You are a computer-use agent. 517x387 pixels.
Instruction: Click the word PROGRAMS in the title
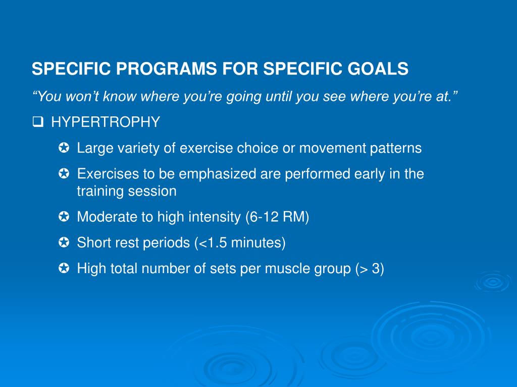click(167, 69)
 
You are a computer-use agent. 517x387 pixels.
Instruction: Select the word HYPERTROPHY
click(106, 122)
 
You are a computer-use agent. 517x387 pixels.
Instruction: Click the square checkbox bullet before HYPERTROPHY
click(38, 122)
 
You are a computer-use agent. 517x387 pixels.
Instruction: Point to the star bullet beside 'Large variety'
click(64, 148)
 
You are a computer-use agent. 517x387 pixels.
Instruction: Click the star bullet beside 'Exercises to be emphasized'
click(64, 173)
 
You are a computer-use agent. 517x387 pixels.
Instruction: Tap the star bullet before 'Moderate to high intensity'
click(64, 217)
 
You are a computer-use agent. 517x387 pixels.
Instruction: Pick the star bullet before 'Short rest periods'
click(64, 242)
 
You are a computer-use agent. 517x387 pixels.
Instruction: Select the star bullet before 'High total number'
click(64, 268)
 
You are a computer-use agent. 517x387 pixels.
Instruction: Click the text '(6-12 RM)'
click(277, 217)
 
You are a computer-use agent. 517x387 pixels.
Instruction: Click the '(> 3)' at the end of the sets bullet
click(370, 269)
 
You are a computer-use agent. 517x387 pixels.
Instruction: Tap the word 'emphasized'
click(217, 174)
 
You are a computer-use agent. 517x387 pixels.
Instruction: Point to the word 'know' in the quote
click(120, 96)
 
